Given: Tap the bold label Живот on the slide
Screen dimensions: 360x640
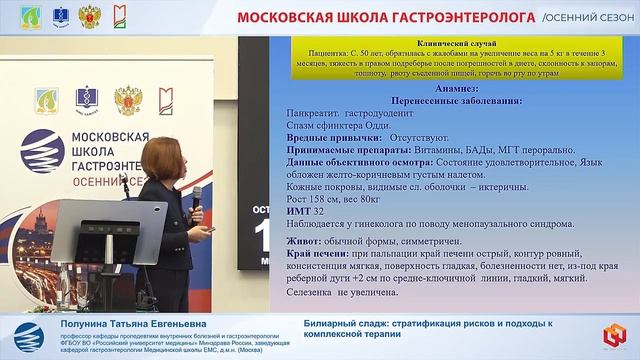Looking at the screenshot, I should point(304,242).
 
